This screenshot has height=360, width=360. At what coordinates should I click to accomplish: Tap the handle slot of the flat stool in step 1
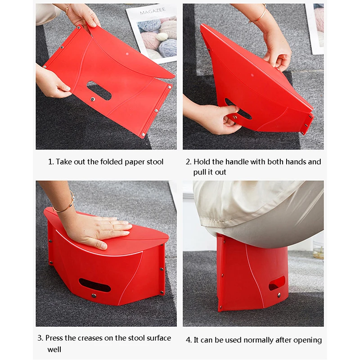point(99,90)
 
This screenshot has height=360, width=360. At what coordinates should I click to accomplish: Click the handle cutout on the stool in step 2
point(238,109)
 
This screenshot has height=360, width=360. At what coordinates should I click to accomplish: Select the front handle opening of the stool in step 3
point(94,285)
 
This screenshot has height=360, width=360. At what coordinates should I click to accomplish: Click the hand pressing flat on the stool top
point(99,230)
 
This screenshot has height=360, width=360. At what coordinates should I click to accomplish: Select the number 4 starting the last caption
point(188,340)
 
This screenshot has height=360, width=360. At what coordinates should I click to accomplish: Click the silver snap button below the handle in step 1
point(93,99)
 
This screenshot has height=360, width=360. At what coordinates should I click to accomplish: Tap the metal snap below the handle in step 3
point(94,296)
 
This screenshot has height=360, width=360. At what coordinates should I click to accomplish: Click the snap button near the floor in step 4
point(279,295)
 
